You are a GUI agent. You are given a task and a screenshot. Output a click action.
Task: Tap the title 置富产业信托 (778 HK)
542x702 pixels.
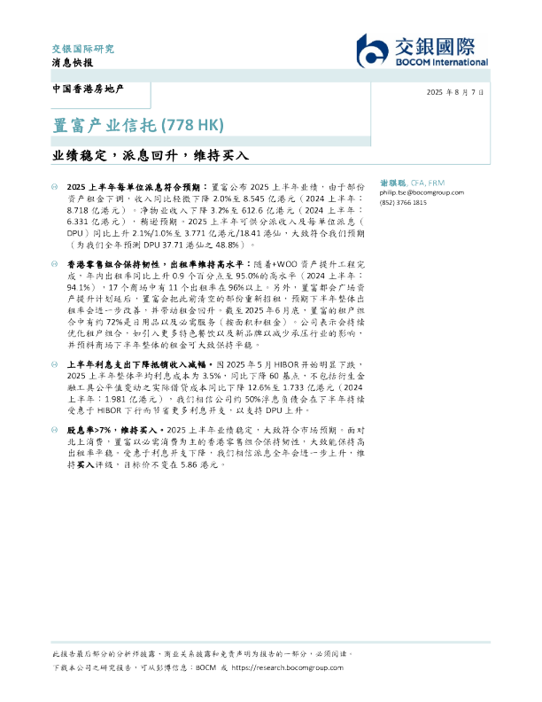(135, 123)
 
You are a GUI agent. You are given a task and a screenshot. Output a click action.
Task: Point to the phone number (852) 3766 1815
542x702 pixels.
(403, 202)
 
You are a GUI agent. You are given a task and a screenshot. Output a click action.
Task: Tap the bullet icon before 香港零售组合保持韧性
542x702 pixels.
(56, 265)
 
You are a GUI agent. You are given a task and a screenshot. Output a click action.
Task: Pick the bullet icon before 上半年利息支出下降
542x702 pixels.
(56, 364)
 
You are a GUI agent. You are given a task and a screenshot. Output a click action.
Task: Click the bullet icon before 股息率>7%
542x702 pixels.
(56, 428)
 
